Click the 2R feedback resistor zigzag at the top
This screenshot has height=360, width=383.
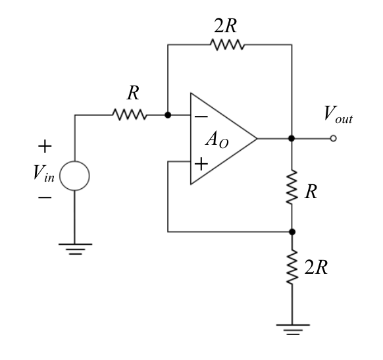(x=227, y=45)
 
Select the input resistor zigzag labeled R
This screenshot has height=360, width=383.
(x=130, y=115)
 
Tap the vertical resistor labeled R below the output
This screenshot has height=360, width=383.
(x=292, y=187)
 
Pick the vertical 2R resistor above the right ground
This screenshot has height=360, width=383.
(x=292, y=267)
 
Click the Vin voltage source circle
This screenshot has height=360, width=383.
(x=75, y=176)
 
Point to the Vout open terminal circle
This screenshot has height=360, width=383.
(x=333, y=138)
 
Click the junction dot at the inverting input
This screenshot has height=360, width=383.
(x=168, y=115)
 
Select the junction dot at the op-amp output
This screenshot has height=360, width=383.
(x=292, y=138)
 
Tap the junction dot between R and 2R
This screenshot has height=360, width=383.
(x=292, y=232)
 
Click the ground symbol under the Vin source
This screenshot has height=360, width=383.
(x=76, y=249)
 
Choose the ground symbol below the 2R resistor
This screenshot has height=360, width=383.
(x=293, y=330)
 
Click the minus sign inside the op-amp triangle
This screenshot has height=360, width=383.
(x=201, y=116)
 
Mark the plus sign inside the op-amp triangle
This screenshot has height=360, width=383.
(x=201, y=164)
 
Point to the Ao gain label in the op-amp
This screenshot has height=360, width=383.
(x=217, y=140)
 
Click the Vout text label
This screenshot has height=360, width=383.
(x=338, y=114)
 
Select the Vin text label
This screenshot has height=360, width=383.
(x=43, y=172)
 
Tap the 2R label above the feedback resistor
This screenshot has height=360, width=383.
(x=226, y=26)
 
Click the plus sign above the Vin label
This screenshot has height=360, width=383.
(x=45, y=146)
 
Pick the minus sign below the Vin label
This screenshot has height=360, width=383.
(x=45, y=197)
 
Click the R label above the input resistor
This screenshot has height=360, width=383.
(x=134, y=93)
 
